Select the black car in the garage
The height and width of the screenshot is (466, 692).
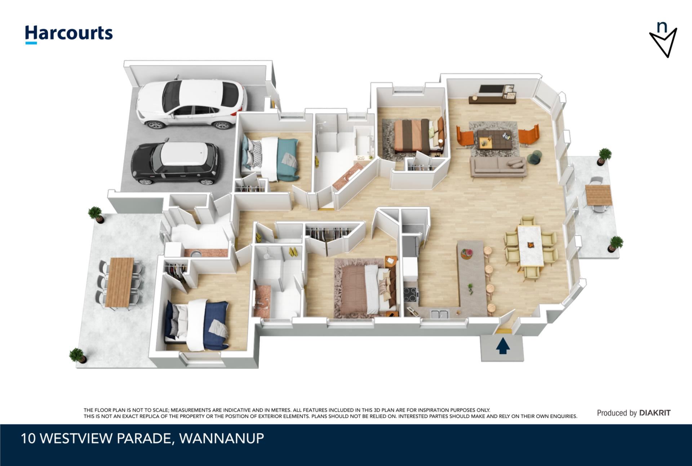click(x=176, y=163)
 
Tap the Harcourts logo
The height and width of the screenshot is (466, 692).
click(x=68, y=34)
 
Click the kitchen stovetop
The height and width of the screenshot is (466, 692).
click(x=411, y=294)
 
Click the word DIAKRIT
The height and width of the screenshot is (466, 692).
click(x=655, y=413)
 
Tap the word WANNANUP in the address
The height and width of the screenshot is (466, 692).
click(x=222, y=438)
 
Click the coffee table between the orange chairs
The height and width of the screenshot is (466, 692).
click(x=494, y=139)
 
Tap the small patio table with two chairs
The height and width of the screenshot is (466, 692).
click(x=598, y=195)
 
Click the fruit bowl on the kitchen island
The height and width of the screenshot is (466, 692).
click(x=467, y=253)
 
